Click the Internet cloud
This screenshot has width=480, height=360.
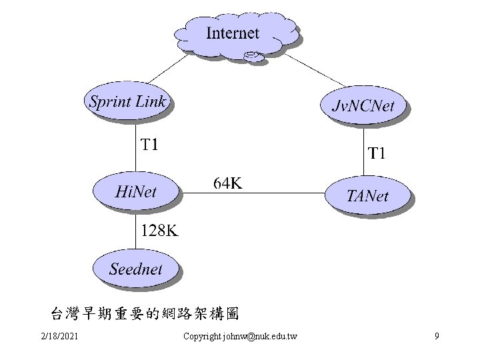pos(233,35)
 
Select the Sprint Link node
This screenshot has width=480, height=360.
pos(129,101)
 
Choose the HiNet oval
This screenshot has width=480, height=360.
pos(136,192)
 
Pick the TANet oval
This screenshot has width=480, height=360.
pos(367,195)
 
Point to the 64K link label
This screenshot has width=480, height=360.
pos(227,182)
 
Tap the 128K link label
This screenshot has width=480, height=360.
pos(159,231)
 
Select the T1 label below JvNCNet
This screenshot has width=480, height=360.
pos(377,154)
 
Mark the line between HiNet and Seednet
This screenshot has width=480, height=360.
pos(136,230)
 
